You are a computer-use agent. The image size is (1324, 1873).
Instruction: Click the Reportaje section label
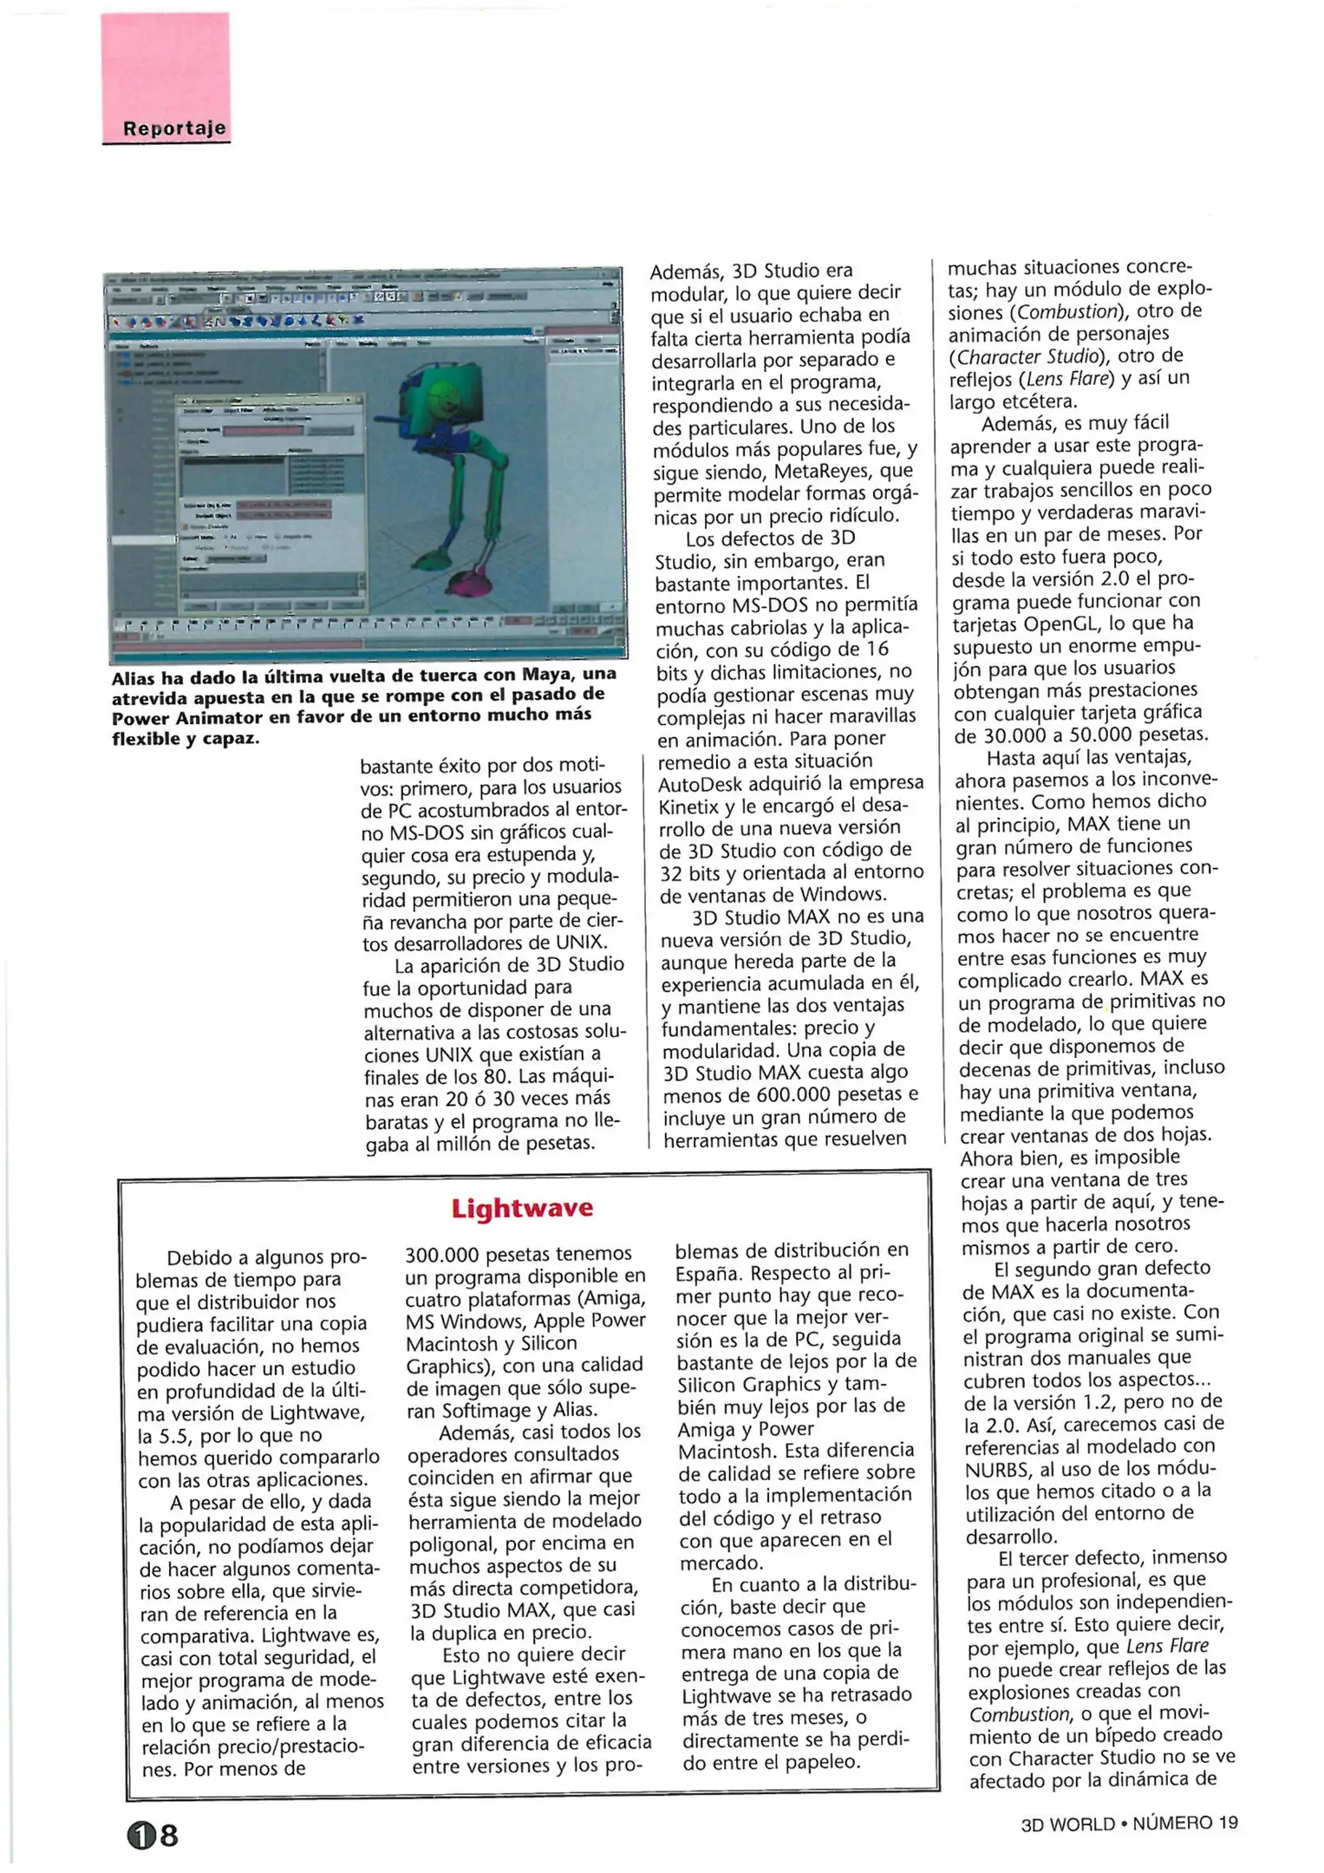point(173,128)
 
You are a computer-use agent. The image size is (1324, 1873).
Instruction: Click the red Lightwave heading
point(522,1208)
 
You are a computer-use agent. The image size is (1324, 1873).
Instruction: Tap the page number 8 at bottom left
point(169,1835)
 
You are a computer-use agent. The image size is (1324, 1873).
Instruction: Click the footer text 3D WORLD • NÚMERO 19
point(1129,1823)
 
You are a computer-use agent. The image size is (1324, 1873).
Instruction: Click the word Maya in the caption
point(549,675)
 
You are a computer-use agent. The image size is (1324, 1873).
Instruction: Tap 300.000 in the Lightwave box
point(441,1254)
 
